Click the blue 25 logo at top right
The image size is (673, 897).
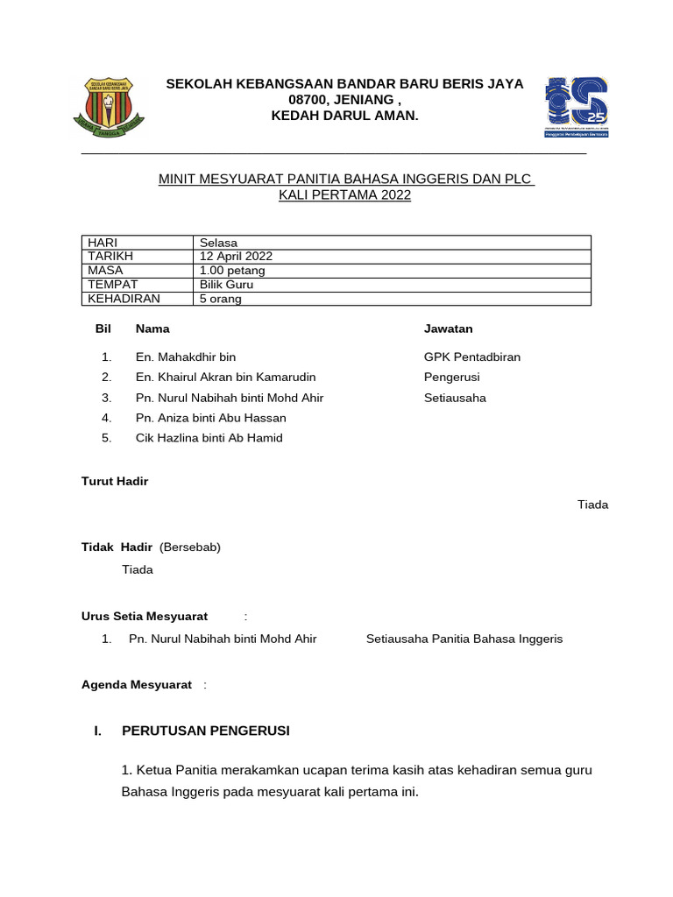tap(577, 106)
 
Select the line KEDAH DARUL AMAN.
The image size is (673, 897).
tap(345, 116)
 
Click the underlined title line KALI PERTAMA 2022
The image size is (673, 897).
tap(344, 195)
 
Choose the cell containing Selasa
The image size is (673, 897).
tap(218, 243)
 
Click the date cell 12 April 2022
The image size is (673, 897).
tap(236, 256)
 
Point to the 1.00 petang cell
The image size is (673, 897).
tap(232, 270)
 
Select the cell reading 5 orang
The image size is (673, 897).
tap(221, 299)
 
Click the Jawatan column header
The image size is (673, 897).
tap(448, 328)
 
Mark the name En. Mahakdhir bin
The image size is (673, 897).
tap(186, 357)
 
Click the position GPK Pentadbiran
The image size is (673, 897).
tap(472, 357)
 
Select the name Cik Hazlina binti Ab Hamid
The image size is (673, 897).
tap(209, 437)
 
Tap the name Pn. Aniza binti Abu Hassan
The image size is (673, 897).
tap(210, 418)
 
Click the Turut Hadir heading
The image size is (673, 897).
tap(115, 481)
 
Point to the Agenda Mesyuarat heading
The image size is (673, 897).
tap(137, 684)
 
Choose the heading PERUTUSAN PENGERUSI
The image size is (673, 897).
tap(205, 731)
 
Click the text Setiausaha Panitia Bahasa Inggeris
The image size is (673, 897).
tap(464, 639)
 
